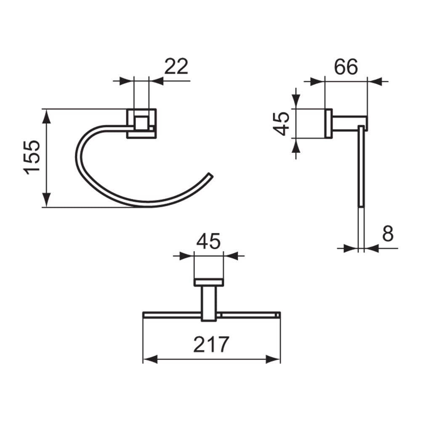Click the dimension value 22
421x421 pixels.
tap(176, 67)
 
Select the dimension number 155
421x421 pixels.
tap(32, 157)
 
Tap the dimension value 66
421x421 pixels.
tap(346, 67)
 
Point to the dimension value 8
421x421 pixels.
tap(388, 233)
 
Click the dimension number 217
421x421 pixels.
tap(211, 344)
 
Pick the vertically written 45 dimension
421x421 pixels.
tap(281, 124)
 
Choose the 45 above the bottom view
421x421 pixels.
tap(208, 241)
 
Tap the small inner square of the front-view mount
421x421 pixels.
tap(141, 123)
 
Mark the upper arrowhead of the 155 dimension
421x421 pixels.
tap(47, 116)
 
